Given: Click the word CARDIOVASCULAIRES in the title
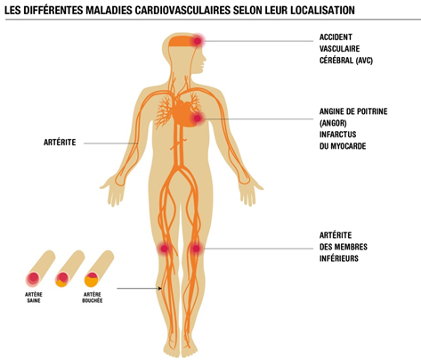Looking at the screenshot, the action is pos(182,10).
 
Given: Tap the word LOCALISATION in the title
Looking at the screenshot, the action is pos(322,10).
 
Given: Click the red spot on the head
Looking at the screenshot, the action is pos(198,41).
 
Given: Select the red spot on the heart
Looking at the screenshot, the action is pos(198,119).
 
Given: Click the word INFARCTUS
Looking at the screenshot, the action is pos(337,135).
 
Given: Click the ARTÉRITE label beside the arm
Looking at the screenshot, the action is pos(60,143).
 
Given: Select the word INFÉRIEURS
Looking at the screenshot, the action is pos(339,258).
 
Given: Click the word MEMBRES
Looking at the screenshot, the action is pos(350,247).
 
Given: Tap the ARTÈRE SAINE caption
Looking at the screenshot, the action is pos(34,298).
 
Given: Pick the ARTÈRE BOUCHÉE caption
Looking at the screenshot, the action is pos(93,298).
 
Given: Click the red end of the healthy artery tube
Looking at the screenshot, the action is pos(33,279).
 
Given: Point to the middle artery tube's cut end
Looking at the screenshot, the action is pos(62,280).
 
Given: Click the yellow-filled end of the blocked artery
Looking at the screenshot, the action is pos(91,280).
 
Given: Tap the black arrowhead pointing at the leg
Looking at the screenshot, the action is pos(160,288).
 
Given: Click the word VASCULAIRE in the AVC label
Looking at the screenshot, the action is pos(339,49).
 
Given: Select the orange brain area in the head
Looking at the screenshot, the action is pos(182,41).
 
